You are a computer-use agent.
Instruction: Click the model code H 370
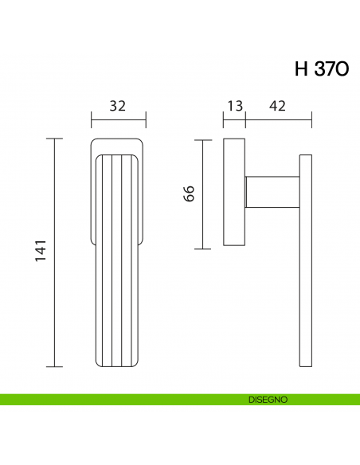[x=321, y=68]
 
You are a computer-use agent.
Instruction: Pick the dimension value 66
[x=189, y=193]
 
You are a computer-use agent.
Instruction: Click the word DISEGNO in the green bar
[x=267, y=399]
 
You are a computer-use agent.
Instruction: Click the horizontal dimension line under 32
[x=118, y=122]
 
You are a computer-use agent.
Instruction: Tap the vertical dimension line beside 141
[x=54, y=252]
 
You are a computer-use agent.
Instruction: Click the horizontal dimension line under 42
[x=278, y=122]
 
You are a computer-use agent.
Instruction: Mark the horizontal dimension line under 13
[x=234, y=122]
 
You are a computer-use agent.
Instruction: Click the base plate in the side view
[x=234, y=193]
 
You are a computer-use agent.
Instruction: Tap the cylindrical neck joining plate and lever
[x=272, y=193]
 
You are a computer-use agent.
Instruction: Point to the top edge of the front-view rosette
[x=118, y=141]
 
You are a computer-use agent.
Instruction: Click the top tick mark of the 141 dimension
[x=54, y=139]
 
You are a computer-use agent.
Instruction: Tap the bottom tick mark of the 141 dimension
[x=54, y=366]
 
